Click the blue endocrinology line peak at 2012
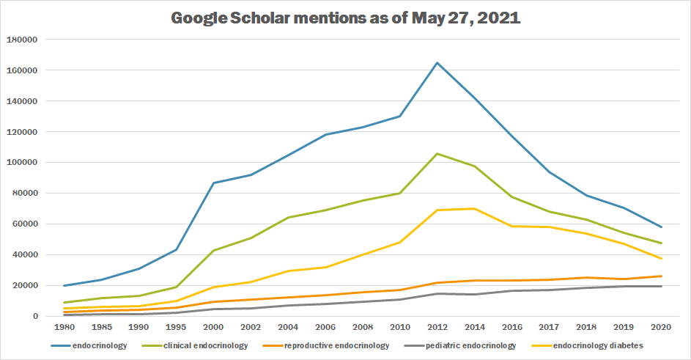(x=437, y=62)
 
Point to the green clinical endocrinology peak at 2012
(x=437, y=154)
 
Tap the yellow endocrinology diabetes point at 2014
(x=476, y=208)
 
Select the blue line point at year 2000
(x=213, y=183)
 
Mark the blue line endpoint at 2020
(x=662, y=227)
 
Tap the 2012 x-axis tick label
(x=437, y=327)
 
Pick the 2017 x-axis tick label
(x=550, y=327)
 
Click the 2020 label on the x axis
(x=662, y=327)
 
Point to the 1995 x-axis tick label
(x=175, y=327)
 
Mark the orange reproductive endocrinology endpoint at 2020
(x=662, y=276)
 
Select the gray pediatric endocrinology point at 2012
(x=437, y=294)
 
